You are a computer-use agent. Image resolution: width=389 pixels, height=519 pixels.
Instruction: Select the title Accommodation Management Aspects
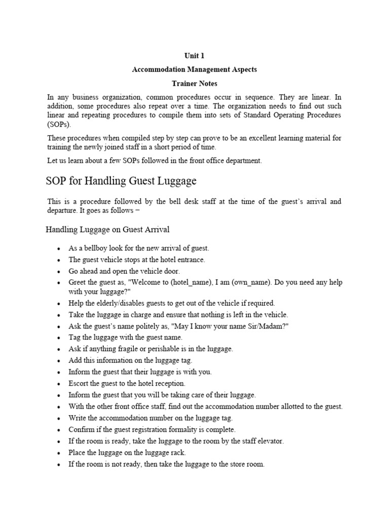click(194, 69)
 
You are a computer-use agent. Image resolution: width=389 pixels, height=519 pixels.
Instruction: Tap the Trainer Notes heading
click(194, 83)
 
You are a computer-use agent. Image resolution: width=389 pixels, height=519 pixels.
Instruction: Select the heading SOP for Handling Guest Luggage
click(121, 181)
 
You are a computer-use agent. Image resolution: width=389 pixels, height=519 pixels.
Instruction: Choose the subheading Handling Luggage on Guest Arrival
click(108, 230)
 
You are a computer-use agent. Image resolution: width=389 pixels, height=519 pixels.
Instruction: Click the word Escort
click(79, 383)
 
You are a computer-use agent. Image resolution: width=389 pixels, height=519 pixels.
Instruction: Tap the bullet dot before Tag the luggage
click(59, 338)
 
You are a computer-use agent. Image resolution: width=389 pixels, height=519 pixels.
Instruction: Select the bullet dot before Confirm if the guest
click(59, 430)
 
